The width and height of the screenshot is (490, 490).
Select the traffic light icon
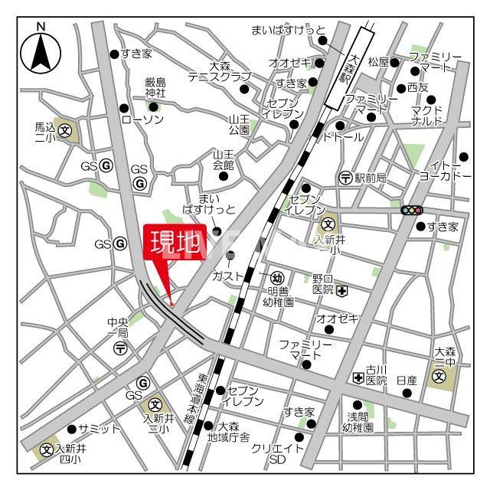412,210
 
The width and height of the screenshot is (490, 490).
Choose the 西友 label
418,88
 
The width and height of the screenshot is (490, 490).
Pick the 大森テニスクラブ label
220,72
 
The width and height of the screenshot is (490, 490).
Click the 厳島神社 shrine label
155,88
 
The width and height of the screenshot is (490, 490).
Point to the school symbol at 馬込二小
66,130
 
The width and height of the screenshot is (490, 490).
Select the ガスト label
227,276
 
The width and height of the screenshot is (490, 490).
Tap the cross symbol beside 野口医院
342,290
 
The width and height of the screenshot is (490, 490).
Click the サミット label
100,429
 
